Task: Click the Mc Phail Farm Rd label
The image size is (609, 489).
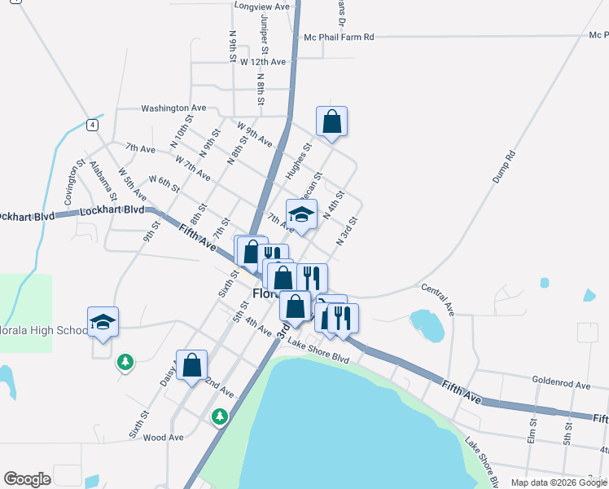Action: (x=338, y=37)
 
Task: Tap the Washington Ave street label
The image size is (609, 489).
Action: (x=173, y=108)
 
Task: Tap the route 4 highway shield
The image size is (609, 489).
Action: (x=94, y=125)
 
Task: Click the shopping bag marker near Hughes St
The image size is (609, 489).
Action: (x=331, y=122)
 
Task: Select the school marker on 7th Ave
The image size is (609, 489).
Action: (x=301, y=216)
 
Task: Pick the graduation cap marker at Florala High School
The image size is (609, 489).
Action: (x=103, y=324)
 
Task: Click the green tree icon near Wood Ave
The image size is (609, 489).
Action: (x=219, y=417)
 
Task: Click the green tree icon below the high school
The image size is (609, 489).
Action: (x=125, y=360)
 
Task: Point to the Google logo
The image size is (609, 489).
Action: (x=27, y=479)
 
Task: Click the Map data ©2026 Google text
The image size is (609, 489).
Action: (x=558, y=482)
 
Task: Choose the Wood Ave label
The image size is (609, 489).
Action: (x=163, y=438)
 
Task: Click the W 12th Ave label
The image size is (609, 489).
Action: (x=262, y=62)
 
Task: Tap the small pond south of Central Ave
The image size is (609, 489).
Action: (x=427, y=324)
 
